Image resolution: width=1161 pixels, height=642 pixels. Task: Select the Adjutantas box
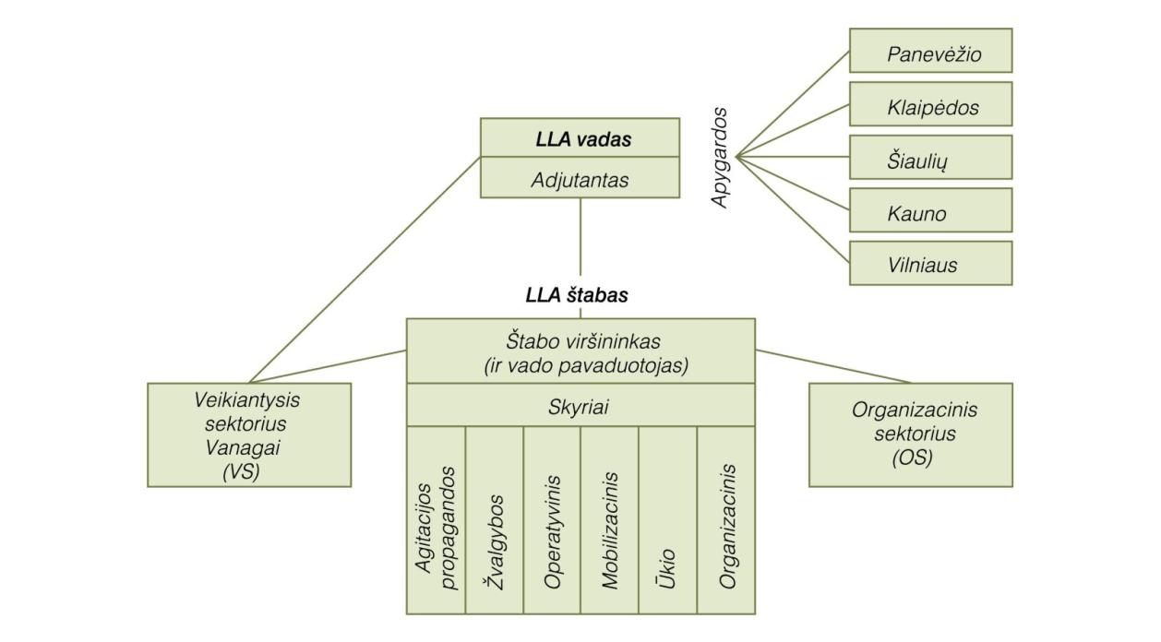coord(580,178)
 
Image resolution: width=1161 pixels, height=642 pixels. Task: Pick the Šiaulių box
coord(930,158)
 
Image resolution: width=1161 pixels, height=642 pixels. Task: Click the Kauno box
coord(930,211)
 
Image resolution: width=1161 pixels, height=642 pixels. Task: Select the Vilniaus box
coord(930,264)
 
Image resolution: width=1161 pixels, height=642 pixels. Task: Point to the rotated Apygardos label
coord(720,158)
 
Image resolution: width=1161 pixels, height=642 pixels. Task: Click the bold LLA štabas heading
coord(577,296)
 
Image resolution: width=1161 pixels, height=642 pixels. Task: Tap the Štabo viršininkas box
coord(580,351)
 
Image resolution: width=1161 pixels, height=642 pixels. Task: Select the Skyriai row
coord(580,406)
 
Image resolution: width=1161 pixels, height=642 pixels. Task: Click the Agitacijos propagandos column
coord(437,520)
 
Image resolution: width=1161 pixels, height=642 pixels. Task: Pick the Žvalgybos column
coord(495,520)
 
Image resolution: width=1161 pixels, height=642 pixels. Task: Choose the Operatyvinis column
coord(552,520)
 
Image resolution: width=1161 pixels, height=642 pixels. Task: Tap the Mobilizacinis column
coord(609,520)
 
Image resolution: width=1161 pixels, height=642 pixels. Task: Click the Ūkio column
coord(667,520)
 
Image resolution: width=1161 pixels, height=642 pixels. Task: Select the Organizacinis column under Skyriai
coord(726,520)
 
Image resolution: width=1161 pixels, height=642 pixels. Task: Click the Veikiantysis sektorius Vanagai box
coord(249,434)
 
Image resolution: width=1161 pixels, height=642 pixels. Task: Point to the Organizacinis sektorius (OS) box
coord(910,434)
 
